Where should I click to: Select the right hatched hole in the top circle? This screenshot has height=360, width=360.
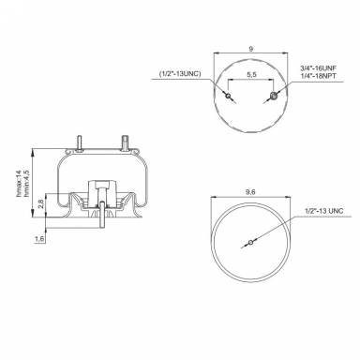point(273,97)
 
